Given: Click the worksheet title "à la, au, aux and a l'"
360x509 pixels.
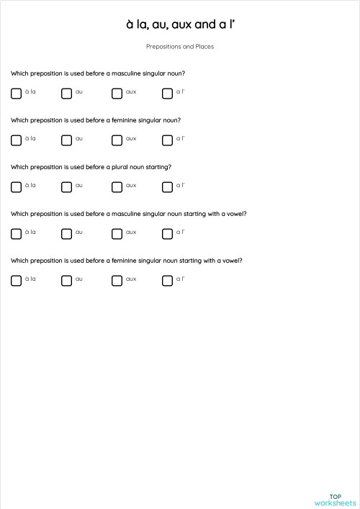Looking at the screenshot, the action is tap(180, 24).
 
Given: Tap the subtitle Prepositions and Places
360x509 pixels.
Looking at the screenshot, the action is tap(180, 47).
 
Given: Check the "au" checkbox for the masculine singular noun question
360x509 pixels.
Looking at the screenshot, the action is tap(66, 93).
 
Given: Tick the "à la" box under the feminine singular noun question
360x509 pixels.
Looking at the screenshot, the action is tap(16, 140).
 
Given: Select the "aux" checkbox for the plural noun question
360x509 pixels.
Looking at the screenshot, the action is tap(117, 186).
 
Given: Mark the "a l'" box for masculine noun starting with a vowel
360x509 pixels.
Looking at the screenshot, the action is tap(167, 233).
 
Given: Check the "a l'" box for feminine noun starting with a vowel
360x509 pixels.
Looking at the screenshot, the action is tap(167, 280).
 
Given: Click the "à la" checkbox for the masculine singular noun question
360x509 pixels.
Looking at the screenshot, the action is tap(16, 93).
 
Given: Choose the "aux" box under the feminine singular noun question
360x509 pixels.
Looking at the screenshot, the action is tap(117, 140).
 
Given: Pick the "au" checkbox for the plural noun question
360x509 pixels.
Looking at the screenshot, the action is tap(66, 186).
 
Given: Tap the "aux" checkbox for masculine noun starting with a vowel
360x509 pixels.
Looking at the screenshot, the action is tap(117, 233).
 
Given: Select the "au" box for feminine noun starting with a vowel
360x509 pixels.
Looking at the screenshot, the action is tap(66, 280).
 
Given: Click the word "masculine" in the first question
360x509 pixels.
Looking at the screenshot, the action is tap(126, 73).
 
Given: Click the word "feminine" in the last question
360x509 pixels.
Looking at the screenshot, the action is tap(125, 261).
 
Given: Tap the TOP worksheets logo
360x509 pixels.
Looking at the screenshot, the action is tap(335, 500).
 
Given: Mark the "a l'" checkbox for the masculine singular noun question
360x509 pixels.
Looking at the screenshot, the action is tap(167, 93).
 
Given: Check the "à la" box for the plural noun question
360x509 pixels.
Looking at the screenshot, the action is tap(16, 186).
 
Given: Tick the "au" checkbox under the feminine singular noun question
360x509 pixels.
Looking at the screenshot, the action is tap(66, 140).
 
